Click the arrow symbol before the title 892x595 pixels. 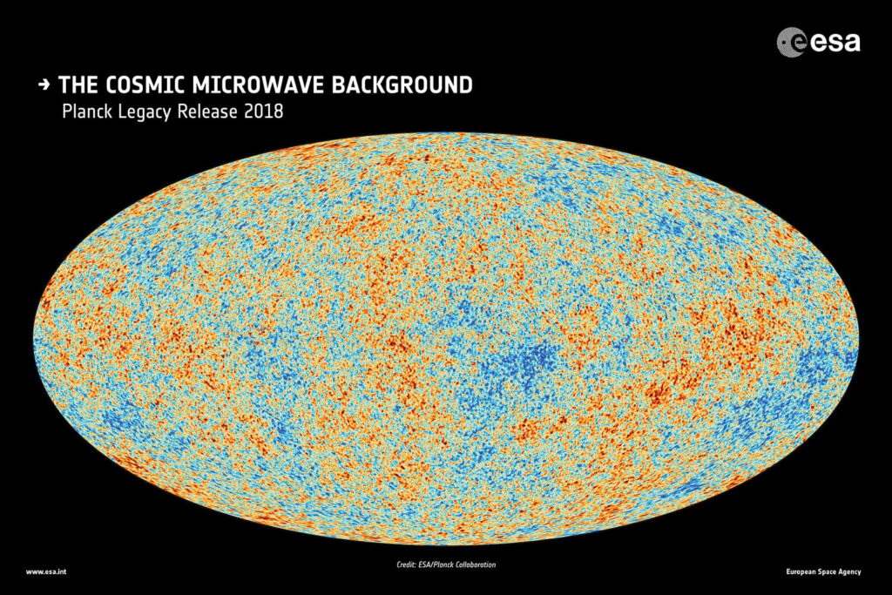coord(44,85)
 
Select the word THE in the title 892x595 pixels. coord(77,85)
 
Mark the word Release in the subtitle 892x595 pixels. coord(212,112)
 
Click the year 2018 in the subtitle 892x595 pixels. coord(264,112)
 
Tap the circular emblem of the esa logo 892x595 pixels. coord(792,42)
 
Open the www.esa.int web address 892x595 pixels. coord(44,571)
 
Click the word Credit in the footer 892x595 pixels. coord(406,565)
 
